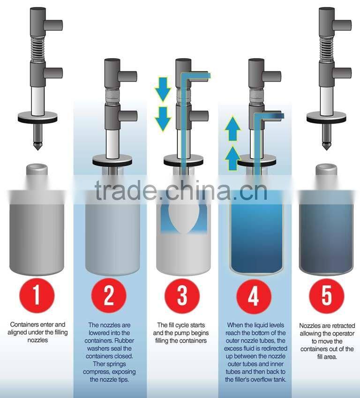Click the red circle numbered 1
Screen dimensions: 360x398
point(37,295)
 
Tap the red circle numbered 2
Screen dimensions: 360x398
point(109,295)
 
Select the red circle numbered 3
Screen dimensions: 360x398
point(182,295)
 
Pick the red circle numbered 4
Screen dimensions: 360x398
point(254,295)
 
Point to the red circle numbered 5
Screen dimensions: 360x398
point(327,295)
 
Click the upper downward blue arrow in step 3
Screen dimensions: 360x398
point(163,90)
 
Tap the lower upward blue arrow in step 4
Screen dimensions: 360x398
point(232,158)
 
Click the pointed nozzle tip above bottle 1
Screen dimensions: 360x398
point(37,137)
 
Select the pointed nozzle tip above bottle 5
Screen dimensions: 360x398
point(327,137)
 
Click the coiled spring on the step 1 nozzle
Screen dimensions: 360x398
point(38,48)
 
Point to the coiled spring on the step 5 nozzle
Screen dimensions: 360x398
point(327,48)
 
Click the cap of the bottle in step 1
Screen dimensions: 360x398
point(37,169)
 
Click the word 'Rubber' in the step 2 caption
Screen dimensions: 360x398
point(124,341)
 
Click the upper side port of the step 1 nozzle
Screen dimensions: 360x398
point(53,25)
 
